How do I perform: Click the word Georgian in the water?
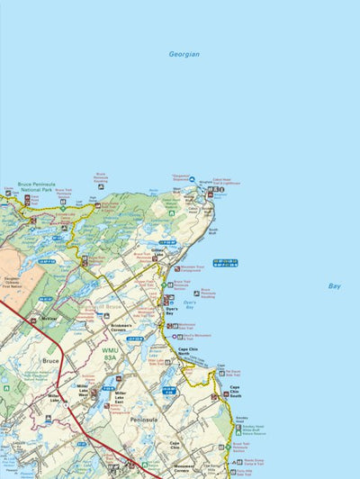[x=184, y=55]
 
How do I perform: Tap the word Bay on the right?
[x=334, y=286]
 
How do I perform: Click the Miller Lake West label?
[x=83, y=388]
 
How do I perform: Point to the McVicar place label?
[x=49, y=318]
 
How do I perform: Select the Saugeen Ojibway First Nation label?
[x=15, y=285]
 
